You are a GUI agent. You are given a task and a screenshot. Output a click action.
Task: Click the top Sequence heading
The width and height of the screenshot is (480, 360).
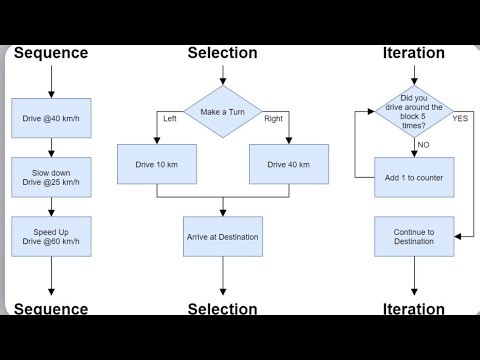click(51, 53)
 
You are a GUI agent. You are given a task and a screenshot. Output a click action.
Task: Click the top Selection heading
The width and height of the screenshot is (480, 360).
click(222, 53)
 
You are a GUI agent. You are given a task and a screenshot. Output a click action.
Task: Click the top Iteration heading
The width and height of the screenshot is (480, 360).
click(413, 53)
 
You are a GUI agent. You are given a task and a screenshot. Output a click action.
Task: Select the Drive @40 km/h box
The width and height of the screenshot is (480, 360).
click(51, 118)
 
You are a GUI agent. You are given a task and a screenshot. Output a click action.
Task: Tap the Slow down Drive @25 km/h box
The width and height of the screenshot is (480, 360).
click(51, 177)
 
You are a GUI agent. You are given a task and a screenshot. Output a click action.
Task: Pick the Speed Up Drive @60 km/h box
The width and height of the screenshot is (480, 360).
click(51, 237)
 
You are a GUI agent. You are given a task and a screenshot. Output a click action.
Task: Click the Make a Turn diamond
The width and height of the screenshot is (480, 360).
click(222, 112)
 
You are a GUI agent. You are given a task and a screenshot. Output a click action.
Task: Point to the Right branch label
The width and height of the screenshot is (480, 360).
click(274, 119)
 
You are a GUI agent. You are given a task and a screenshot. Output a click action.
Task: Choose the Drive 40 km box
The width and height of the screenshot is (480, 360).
click(288, 164)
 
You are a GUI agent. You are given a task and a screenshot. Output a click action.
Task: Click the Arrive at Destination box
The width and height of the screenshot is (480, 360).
click(222, 237)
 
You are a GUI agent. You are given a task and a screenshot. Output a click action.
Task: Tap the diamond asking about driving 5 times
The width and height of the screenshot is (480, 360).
click(413, 112)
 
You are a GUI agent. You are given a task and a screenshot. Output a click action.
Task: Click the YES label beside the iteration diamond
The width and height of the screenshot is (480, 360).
click(460, 118)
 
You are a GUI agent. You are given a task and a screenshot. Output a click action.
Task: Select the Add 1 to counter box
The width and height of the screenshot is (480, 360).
click(413, 177)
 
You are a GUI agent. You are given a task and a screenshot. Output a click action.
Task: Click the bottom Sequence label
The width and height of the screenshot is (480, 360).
click(51, 309)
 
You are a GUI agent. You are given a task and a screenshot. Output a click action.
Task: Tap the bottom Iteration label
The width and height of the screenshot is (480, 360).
click(413, 309)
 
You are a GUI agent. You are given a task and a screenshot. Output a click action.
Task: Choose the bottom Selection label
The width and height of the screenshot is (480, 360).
click(222, 309)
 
